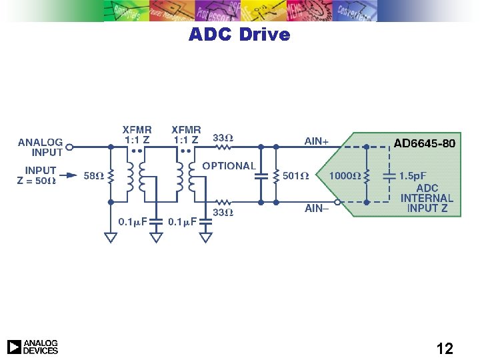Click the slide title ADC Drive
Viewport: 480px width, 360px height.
click(239, 34)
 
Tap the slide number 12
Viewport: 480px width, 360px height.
click(445, 348)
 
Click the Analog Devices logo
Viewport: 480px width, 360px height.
click(33, 347)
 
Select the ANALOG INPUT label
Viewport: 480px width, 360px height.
click(40, 147)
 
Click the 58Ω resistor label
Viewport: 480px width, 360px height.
click(93, 176)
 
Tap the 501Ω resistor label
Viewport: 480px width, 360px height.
click(295, 176)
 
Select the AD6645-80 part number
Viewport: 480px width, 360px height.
click(425, 143)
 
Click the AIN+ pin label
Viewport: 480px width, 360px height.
click(317, 141)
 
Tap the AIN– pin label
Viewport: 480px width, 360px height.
click(317, 209)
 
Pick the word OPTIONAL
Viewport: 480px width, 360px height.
click(229, 165)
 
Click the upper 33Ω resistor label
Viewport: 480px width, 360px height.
click(223, 138)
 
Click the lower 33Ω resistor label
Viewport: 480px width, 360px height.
click(223, 213)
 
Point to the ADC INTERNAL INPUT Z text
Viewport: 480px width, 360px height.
click(427, 198)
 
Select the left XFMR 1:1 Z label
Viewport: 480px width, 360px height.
click(137, 135)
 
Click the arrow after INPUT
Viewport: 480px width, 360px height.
click(68, 171)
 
